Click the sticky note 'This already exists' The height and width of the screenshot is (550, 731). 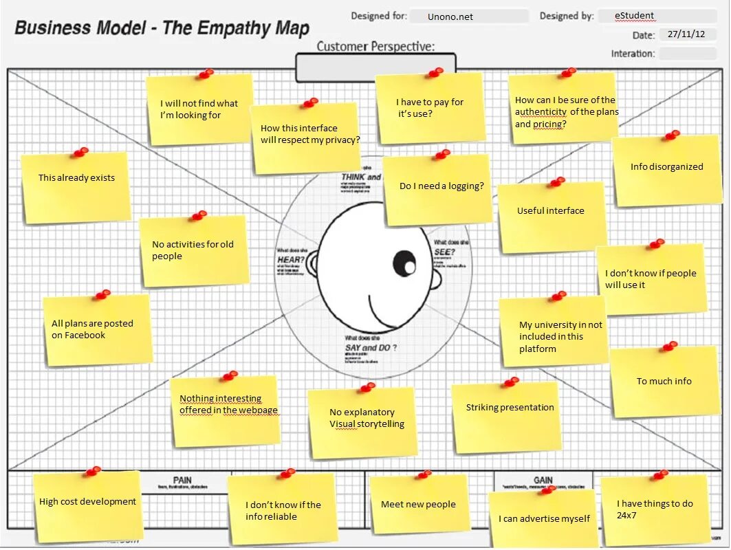[76, 187]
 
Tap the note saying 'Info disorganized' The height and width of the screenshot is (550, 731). [666, 170]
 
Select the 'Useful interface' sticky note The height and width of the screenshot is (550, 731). [552, 216]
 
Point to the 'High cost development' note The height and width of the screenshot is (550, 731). [87, 505]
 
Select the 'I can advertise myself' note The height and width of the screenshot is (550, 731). [543, 519]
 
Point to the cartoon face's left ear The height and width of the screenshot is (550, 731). [312, 265]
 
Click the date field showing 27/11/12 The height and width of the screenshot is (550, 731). [687, 35]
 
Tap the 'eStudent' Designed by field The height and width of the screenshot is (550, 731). [656, 16]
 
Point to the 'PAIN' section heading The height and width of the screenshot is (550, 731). [182, 480]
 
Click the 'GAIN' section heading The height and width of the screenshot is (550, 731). [543, 480]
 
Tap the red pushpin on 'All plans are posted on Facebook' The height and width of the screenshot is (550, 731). [102, 294]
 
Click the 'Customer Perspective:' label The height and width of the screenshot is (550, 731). [375, 47]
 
